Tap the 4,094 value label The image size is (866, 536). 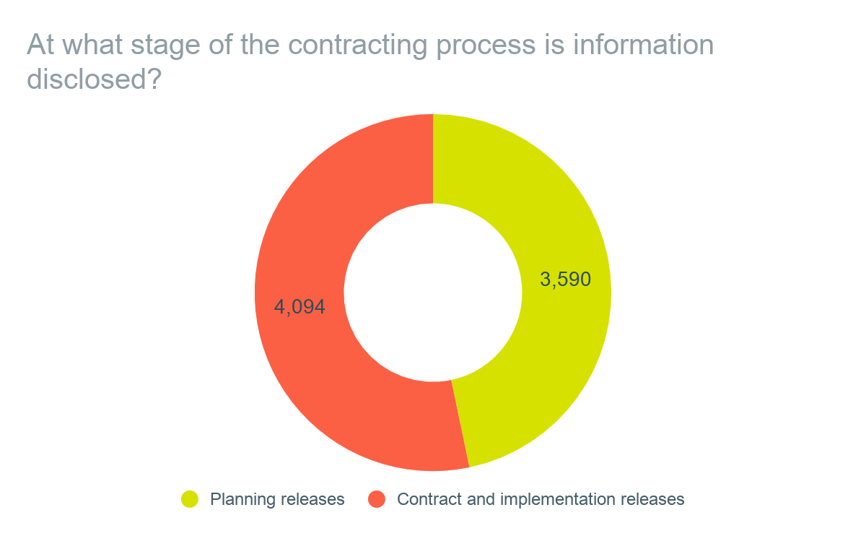click(x=299, y=307)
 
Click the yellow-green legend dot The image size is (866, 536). click(x=189, y=499)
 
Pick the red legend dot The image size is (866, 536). click(x=377, y=499)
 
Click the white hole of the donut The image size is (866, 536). click(x=433, y=292)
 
